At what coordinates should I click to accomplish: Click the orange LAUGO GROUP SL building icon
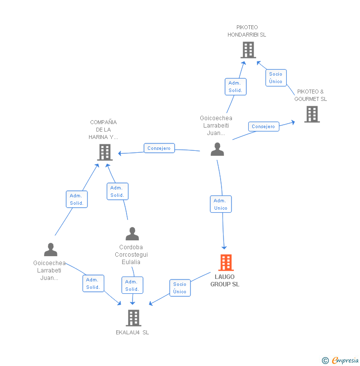point(226,263)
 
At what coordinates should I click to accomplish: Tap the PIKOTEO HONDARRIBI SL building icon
point(248,50)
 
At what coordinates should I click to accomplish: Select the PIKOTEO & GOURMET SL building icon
point(312,114)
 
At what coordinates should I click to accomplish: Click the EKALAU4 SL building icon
point(133,318)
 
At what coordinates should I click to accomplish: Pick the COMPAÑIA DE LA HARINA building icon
point(104,152)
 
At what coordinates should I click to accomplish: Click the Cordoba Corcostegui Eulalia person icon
point(132,233)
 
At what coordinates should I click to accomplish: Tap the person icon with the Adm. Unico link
point(217,149)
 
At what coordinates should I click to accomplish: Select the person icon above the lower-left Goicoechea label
point(50,250)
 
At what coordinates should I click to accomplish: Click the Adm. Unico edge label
point(221,204)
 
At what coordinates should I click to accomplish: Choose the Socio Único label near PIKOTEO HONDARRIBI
point(276,78)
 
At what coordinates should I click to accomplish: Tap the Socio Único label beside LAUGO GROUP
point(180,288)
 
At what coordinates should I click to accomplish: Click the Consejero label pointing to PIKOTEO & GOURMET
point(263,127)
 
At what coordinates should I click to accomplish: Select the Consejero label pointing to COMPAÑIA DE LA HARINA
point(159,148)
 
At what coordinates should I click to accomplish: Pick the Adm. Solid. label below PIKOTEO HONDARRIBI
point(235,87)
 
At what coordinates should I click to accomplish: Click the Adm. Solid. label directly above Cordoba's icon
point(117,191)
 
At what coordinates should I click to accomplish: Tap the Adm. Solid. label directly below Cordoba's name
point(132,285)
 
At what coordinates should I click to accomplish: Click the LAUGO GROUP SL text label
point(225,280)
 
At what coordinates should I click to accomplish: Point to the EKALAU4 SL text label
point(133,332)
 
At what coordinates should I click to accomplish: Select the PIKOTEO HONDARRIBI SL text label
point(247,31)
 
